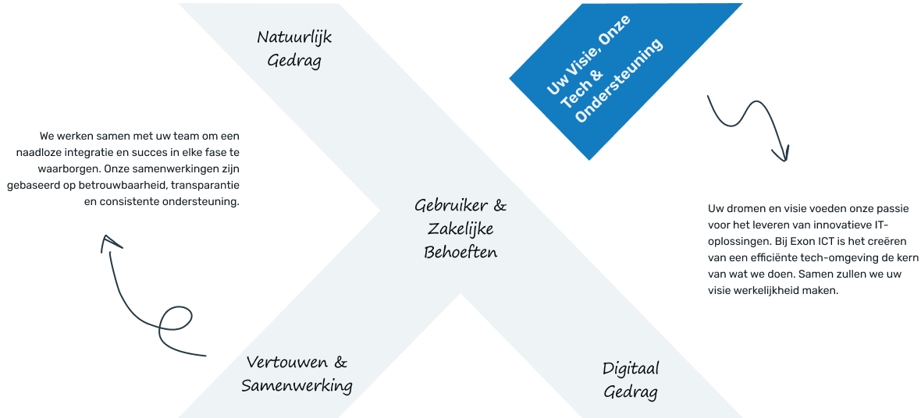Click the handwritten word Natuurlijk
[x=294, y=38]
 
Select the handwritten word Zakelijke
[x=460, y=229]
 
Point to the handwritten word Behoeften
[x=460, y=253]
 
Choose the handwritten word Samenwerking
[x=297, y=386]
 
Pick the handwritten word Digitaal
[x=631, y=370]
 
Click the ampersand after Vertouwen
[x=340, y=362]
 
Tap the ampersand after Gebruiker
[x=500, y=206]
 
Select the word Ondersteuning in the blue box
[x=621, y=81]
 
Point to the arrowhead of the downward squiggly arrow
[x=781, y=154]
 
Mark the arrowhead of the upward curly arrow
[x=108, y=243]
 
